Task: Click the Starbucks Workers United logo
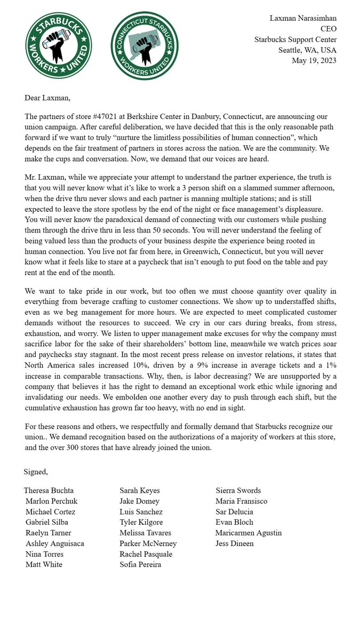[x=59, y=45]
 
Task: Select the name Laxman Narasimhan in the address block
[x=303, y=18]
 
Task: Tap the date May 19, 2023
[x=314, y=60]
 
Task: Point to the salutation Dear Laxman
[x=47, y=98]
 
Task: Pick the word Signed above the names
[x=35, y=471]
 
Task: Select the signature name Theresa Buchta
[x=49, y=490]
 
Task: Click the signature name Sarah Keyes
[x=139, y=490]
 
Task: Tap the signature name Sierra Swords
[x=238, y=490]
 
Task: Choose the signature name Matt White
[x=44, y=564]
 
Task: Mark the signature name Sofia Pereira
[x=140, y=564]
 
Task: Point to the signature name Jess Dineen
[x=235, y=543]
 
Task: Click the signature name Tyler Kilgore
[x=141, y=522]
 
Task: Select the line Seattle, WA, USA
[x=307, y=50]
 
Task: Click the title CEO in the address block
[x=328, y=29]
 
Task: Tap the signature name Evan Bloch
[x=235, y=522]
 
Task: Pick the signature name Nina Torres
[x=45, y=554]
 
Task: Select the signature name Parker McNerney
[x=148, y=543]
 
